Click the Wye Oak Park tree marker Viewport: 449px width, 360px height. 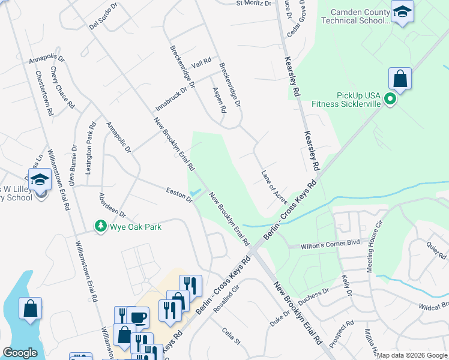point(101,226)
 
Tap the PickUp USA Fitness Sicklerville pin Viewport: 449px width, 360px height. point(390,99)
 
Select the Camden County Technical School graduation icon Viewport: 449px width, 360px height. point(402,11)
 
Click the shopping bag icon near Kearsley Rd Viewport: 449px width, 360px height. point(399,79)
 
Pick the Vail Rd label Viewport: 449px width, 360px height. point(202,62)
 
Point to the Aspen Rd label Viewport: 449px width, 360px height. point(218,100)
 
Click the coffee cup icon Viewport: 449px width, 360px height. point(137,317)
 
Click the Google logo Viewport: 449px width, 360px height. point(20,353)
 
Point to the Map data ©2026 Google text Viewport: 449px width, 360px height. point(412,355)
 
